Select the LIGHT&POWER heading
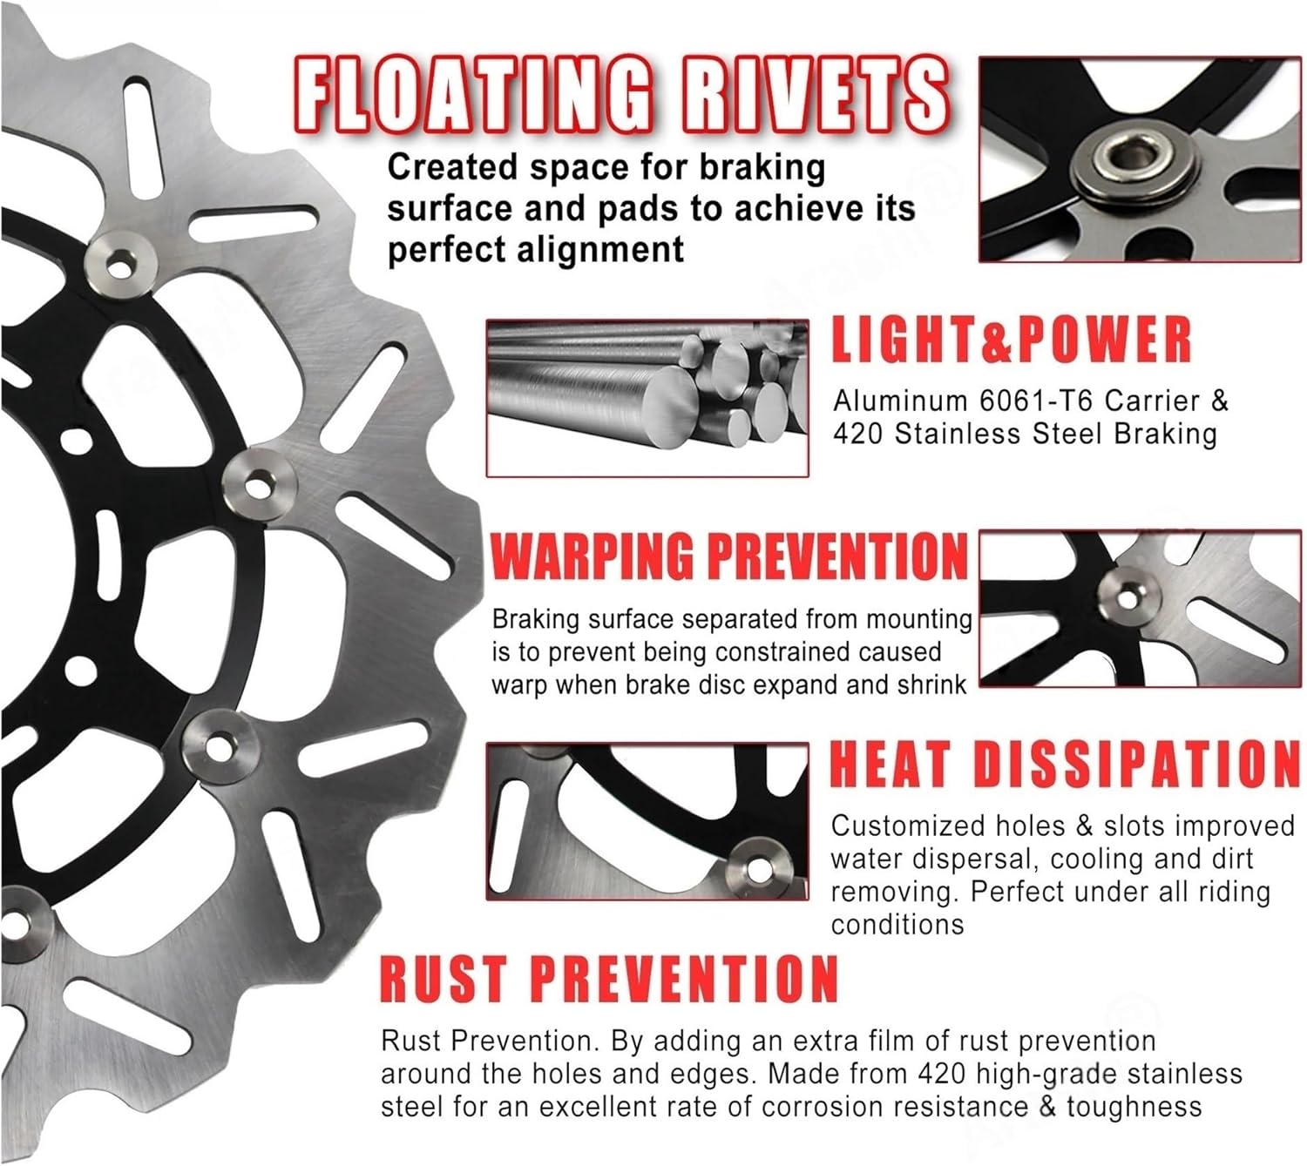1011,339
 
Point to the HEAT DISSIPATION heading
1064,764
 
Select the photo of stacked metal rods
647,398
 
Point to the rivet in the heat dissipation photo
757,867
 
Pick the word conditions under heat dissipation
897,924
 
